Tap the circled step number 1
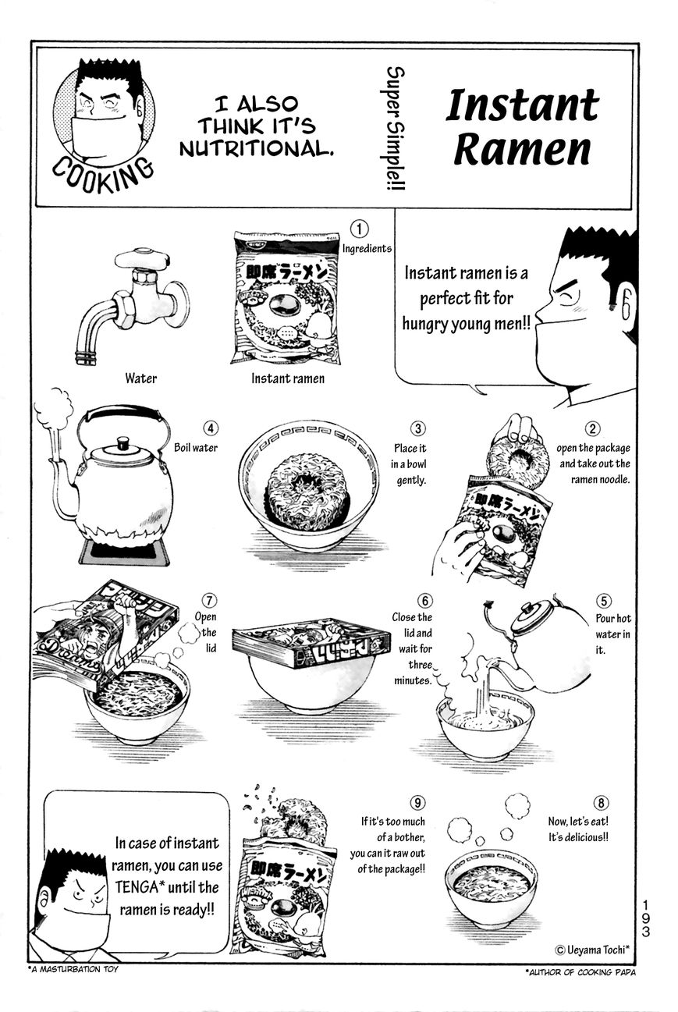[x=359, y=229]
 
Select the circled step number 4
[x=211, y=428]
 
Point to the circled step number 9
[x=418, y=803]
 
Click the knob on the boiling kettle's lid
[x=122, y=443]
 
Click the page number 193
[x=646, y=918]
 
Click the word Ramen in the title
[x=522, y=150]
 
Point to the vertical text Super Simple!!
[x=396, y=129]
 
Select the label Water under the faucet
[x=140, y=378]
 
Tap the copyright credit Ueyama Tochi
[x=591, y=950]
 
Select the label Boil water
[x=196, y=448]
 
